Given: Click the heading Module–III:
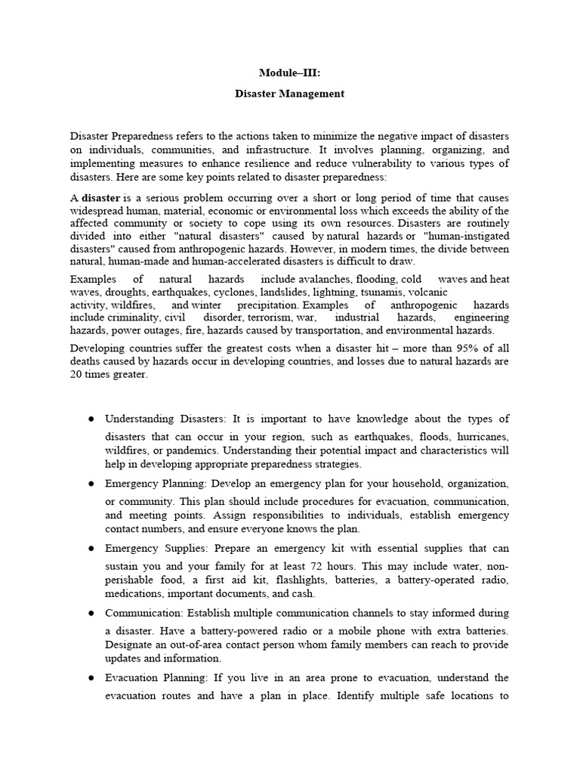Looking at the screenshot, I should pyautogui.click(x=289, y=73).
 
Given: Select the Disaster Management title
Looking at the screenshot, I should pyautogui.click(x=289, y=94).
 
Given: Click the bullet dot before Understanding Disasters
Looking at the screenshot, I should pyautogui.click(x=90, y=419).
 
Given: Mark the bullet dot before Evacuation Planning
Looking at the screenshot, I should pyautogui.click(x=90, y=677).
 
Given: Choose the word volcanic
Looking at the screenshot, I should pyautogui.click(x=429, y=291).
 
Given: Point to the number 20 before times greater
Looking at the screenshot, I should pyautogui.click(x=77, y=373).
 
